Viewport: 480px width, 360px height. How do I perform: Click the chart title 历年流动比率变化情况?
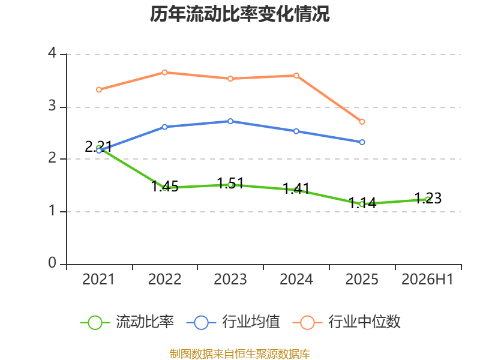coord(239,14)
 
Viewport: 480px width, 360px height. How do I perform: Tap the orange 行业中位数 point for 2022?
coord(164,73)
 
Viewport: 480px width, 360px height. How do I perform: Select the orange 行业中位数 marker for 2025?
coord(362,122)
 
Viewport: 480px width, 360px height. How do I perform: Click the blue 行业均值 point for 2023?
coord(230,121)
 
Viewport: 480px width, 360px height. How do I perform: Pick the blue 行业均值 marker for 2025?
coord(362,142)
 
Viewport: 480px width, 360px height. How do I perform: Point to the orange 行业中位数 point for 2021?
coord(99,89)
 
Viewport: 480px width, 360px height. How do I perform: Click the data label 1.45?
coord(165,187)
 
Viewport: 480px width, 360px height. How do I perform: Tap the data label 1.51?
coord(230,184)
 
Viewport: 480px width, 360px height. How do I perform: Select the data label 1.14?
coord(362,203)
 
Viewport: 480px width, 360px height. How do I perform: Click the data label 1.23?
coord(428,198)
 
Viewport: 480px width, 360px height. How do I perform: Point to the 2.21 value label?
coord(98,146)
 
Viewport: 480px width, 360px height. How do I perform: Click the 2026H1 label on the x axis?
coord(427,279)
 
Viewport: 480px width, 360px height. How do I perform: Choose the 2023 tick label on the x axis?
coord(230,279)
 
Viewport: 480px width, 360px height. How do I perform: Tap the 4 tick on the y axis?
coord(52,53)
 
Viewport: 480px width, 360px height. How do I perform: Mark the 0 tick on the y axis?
coord(52,263)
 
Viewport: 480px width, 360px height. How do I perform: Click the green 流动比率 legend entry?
coord(127,322)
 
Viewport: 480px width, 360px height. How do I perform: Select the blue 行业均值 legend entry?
coord(233,322)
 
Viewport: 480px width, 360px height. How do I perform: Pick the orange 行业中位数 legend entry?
coord(347,322)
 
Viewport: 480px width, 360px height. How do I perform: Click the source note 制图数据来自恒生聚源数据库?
coord(240,354)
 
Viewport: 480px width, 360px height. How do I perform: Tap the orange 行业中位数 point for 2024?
coord(296,76)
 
